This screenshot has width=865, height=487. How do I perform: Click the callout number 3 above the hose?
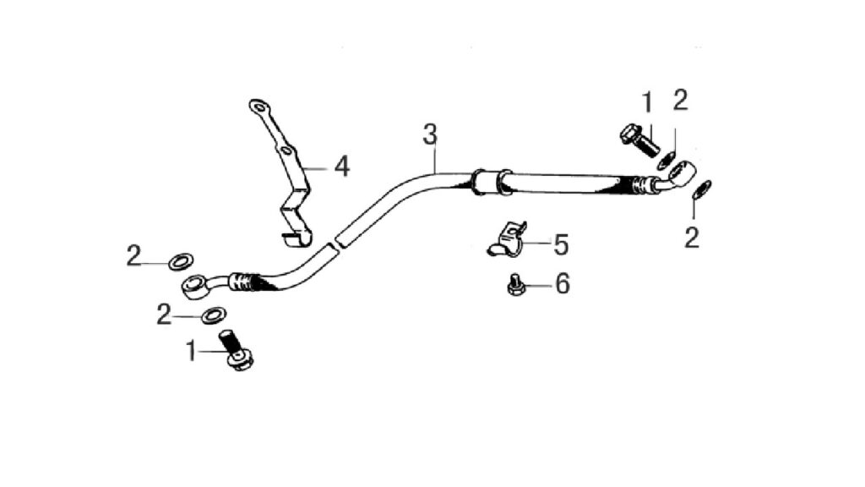(430, 134)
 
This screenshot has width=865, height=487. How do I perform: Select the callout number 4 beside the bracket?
(342, 167)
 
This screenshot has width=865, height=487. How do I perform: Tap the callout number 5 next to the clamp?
(561, 244)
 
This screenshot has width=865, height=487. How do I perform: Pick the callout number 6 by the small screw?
(562, 284)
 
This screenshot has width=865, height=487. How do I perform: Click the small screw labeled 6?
(515, 284)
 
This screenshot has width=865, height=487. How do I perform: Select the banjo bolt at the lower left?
(237, 349)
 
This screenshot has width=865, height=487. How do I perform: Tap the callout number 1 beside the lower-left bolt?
(191, 351)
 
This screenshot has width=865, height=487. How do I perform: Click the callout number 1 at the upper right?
(648, 103)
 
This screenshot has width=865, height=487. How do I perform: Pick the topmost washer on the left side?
(181, 261)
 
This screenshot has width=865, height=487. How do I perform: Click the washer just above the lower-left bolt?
(214, 316)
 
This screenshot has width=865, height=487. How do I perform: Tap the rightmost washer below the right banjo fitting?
(702, 189)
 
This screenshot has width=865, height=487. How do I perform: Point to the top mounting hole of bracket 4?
(258, 105)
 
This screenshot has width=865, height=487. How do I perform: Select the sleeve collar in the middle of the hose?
(489, 182)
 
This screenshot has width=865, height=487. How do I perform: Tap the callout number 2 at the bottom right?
(692, 238)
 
